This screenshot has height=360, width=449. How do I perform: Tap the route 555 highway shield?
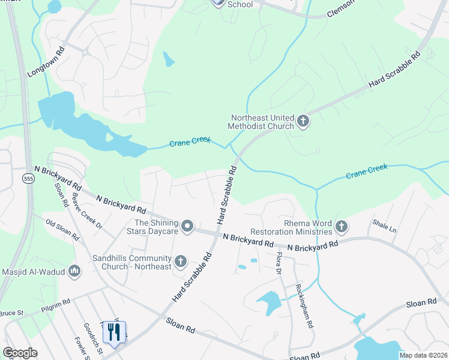tap(28, 178)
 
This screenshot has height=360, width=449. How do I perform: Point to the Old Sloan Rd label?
tap(62, 230)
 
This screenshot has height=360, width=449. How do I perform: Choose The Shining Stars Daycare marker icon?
tap(187, 226)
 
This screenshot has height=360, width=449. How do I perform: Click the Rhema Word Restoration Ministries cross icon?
tap(342, 226)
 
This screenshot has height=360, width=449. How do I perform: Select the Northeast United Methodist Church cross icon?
tap(303, 121)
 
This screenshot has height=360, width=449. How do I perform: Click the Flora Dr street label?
tap(279, 263)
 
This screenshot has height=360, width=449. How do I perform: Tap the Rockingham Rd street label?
tap(303, 305)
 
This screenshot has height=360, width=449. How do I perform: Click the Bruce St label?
tap(10, 313)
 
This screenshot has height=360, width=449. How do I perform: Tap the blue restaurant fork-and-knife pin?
tap(114, 332)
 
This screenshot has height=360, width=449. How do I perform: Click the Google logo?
tap(20, 353)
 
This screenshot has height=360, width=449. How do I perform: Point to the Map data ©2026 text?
tap(423, 355)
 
